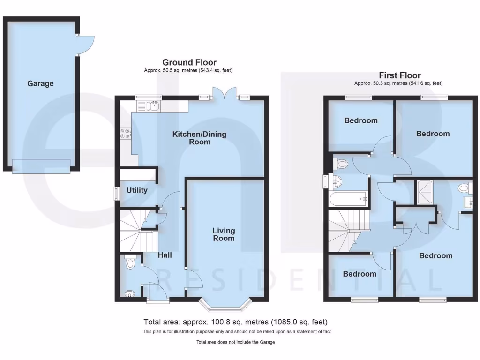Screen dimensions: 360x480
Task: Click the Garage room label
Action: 40,83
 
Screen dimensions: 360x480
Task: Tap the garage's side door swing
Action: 85,45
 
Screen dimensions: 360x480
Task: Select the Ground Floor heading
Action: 189,62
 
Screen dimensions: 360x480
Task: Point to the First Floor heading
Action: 399,75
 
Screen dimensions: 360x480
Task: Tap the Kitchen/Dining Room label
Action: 199,138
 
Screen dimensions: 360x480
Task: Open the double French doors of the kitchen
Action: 224,94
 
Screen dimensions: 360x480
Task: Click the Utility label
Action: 137,190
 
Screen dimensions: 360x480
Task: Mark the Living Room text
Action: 224,234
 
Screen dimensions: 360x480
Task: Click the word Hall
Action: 165,255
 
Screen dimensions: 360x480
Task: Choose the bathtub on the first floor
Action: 349,199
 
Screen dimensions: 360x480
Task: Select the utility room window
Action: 117,194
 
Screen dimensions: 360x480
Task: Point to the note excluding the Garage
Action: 236,342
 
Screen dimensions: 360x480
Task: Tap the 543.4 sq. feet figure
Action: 210,70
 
